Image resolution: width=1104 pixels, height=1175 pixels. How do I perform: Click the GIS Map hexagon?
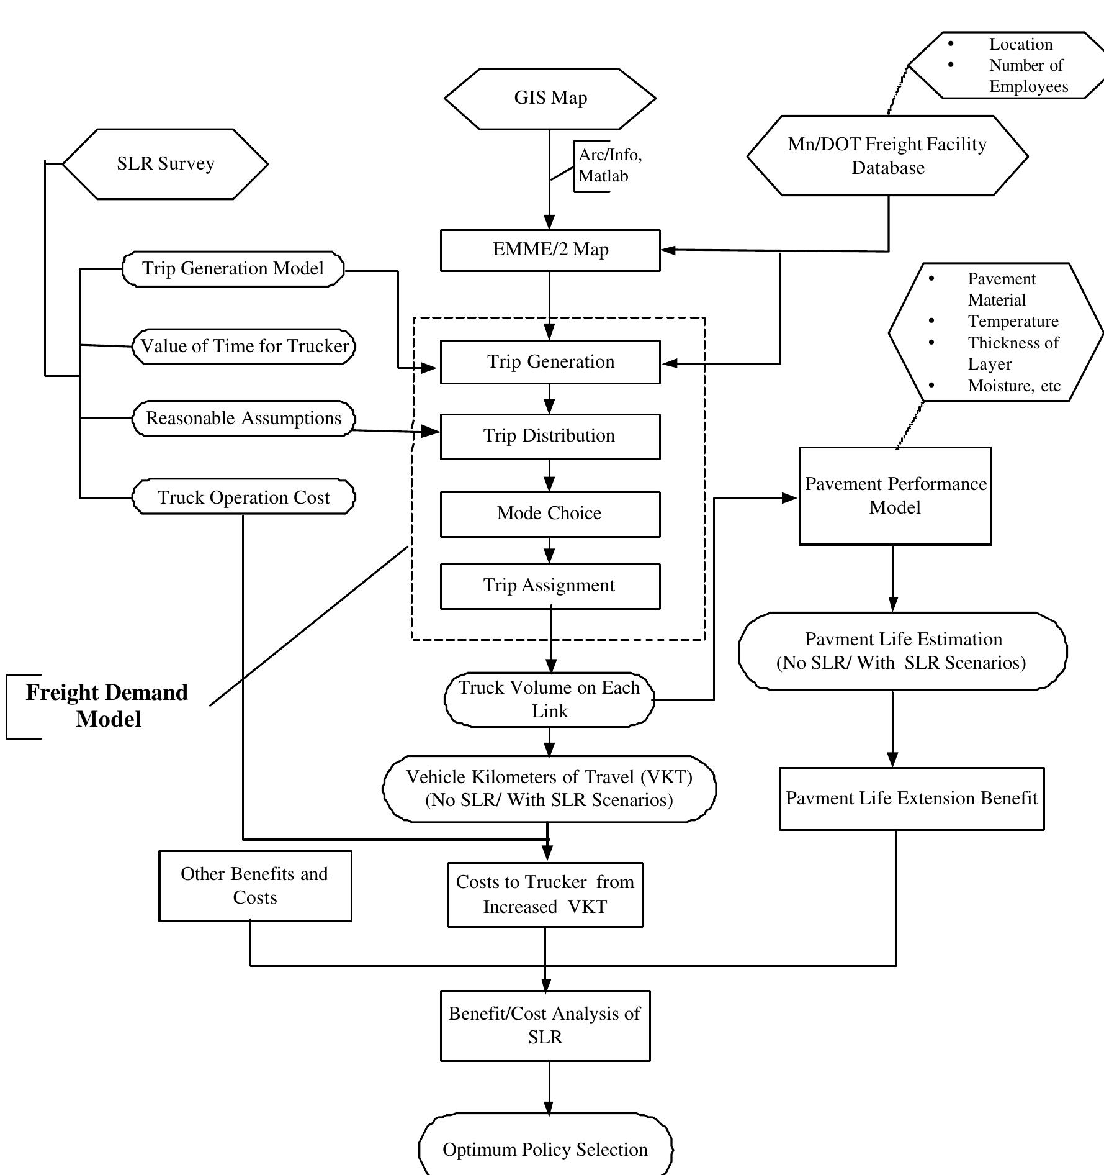(x=550, y=98)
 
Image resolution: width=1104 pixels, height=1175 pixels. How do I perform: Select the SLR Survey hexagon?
(x=165, y=164)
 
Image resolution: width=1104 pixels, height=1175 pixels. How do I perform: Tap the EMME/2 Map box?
(x=550, y=250)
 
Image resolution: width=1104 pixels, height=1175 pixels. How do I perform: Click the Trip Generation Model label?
(x=233, y=268)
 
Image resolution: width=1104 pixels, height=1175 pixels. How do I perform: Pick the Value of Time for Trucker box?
(x=244, y=346)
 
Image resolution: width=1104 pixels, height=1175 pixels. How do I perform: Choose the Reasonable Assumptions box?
(x=243, y=418)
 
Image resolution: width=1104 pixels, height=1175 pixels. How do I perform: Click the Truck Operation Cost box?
(x=243, y=497)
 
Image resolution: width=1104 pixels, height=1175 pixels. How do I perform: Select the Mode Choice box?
(x=550, y=514)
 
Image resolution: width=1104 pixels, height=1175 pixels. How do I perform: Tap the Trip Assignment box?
(x=550, y=586)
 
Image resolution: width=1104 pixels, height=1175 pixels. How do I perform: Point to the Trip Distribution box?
(x=550, y=436)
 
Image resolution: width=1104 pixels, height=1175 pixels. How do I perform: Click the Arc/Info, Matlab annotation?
(x=609, y=165)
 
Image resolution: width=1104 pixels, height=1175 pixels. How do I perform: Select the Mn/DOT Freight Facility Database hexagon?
(x=887, y=156)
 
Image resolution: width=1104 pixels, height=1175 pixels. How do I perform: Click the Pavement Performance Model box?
(x=895, y=496)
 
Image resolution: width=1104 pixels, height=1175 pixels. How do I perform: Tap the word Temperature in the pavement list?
(x=1013, y=321)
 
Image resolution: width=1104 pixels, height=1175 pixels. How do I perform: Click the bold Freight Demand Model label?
(x=107, y=705)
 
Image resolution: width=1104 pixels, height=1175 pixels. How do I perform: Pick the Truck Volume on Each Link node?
(x=549, y=699)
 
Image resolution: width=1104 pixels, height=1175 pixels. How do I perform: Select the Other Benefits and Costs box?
(x=254, y=886)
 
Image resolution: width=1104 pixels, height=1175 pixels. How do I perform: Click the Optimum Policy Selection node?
(x=545, y=1150)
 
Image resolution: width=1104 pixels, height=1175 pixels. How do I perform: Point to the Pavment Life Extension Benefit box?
(x=911, y=798)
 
